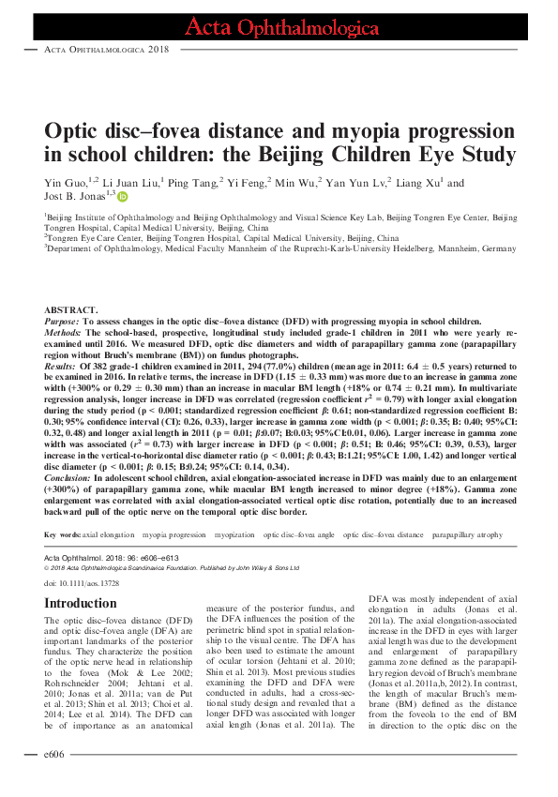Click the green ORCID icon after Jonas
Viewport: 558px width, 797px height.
click(x=122, y=197)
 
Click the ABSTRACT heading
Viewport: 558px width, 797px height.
click(x=70, y=309)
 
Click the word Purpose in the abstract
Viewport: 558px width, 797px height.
click(x=62, y=320)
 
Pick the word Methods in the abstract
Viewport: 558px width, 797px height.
click(x=63, y=332)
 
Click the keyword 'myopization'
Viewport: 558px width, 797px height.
click(x=235, y=534)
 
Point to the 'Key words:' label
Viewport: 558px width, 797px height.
click(x=62, y=534)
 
